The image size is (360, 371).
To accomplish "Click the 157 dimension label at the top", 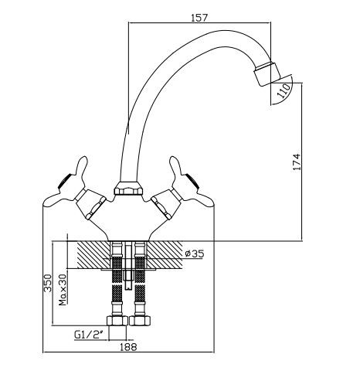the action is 199,17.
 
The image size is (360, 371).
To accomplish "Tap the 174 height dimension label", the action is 297,162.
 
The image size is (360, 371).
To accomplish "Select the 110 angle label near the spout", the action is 284,91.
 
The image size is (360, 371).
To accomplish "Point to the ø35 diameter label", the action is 195,254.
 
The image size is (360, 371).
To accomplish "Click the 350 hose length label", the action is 48,283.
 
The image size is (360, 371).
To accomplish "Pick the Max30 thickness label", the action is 63,290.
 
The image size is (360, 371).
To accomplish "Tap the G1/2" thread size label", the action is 89,335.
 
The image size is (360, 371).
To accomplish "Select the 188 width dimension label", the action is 128,347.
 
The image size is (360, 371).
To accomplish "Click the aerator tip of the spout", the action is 267,73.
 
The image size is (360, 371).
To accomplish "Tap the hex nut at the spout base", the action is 128,189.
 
